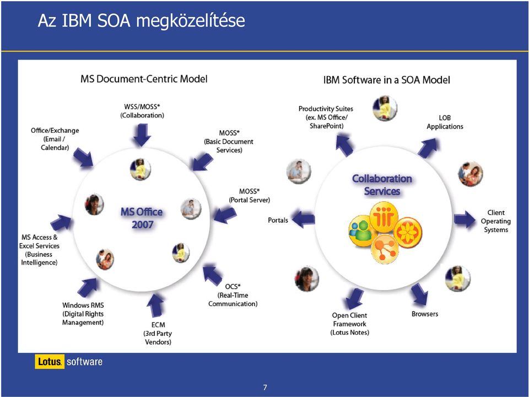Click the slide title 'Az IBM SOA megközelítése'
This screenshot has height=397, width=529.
(142, 20)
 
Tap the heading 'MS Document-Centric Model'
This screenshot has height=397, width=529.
(144, 79)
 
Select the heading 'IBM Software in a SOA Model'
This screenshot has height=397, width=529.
(387, 80)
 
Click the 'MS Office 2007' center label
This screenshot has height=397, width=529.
(142, 218)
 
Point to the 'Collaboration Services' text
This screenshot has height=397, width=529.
(382, 185)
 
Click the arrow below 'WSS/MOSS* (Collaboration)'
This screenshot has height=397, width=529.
(142, 135)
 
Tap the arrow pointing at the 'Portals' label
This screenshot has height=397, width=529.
(303, 219)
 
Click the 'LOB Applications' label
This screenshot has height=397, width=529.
(445, 122)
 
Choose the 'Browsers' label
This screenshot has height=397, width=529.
(425, 314)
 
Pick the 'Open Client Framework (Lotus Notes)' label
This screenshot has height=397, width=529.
(349, 324)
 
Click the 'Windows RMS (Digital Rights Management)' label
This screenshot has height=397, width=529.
(83, 314)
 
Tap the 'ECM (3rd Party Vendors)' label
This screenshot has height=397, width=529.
(158, 333)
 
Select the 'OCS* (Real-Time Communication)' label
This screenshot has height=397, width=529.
(233, 295)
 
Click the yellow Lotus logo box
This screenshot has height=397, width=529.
(50, 362)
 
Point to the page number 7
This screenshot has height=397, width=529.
(265, 387)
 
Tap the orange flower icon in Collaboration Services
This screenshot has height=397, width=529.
(408, 232)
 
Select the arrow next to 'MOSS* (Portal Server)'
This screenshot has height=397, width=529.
(225, 215)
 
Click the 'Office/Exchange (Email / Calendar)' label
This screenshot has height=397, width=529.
(55, 139)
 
